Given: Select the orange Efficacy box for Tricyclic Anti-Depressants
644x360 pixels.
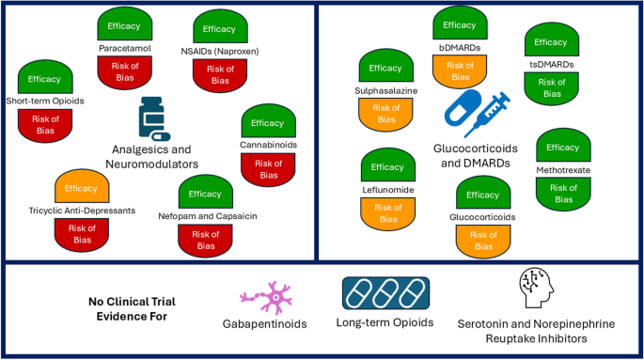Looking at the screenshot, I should pyautogui.click(x=83, y=188).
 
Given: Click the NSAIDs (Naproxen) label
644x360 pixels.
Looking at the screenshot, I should pyautogui.click(x=219, y=51).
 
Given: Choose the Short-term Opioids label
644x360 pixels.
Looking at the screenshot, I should pyautogui.click(x=45, y=101).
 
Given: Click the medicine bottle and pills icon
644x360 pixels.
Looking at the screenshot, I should pyautogui.click(x=154, y=119).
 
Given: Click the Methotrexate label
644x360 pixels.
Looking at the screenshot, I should pyautogui.click(x=563, y=169).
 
